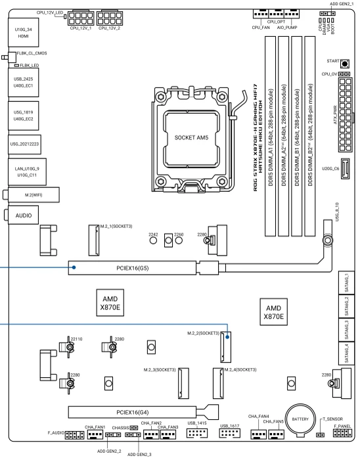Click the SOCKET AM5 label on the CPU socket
point(191,137)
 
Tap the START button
point(345,63)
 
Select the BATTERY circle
point(300,419)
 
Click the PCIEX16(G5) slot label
point(133,268)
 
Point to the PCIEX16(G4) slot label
point(133,412)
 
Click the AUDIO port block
point(23,216)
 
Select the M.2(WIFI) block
point(34,195)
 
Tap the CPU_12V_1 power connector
point(81,18)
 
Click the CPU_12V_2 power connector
point(109,18)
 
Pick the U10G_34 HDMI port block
point(23,32)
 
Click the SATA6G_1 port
point(346,283)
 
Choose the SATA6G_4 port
point(346,354)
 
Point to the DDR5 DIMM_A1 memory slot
point(270,136)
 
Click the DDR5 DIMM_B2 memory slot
point(310,136)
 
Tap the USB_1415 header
point(197,433)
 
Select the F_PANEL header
point(342,432)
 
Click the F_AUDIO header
point(74,435)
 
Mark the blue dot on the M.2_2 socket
point(227,336)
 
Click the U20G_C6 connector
point(346,169)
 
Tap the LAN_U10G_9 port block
point(27,172)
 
